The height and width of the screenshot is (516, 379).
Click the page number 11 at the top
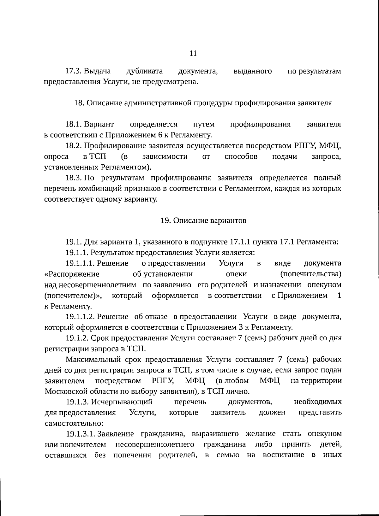pyautogui.click(x=193, y=53)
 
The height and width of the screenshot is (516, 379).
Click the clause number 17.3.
pyautogui.click(x=74, y=71)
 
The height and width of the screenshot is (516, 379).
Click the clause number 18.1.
pyautogui.click(x=74, y=124)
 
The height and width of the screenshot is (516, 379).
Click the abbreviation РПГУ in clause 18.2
pyautogui.click(x=304, y=146)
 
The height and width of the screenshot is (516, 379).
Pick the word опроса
pyautogui.click(x=56, y=156)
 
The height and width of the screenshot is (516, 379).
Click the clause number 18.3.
pyautogui.click(x=74, y=178)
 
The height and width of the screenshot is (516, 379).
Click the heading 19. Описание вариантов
pyautogui.click(x=203, y=220)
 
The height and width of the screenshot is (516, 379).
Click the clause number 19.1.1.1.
pyautogui.click(x=80, y=263)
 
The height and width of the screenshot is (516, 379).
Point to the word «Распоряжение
pyautogui.click(x=72, y=274)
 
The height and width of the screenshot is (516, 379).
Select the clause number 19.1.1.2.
pyautogui.click(x=80, y=317)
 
